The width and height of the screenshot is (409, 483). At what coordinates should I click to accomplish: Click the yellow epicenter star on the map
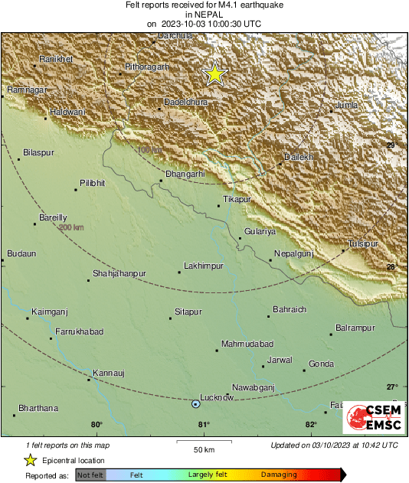click(215, 74)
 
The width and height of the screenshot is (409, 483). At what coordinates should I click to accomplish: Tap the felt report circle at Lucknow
click(195, 404)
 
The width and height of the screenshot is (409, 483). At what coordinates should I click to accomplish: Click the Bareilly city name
click(54, 217)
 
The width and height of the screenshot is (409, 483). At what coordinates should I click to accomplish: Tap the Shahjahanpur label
click(120, 273)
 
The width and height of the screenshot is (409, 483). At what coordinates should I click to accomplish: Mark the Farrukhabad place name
click(80, 331)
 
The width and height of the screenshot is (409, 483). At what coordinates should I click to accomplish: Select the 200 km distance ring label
click(70, 227)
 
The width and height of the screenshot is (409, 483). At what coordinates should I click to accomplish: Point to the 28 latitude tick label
click(391, 266)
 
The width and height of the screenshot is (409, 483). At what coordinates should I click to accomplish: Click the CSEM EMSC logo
click(370, 418)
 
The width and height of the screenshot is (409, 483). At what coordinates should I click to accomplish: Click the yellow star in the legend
click(31, 460)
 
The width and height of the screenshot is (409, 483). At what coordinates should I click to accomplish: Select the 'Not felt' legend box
click(90, 475)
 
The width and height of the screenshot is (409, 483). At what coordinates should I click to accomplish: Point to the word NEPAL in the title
click(204, 14)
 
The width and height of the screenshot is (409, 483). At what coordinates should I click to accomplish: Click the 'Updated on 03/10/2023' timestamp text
click(334, 445)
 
